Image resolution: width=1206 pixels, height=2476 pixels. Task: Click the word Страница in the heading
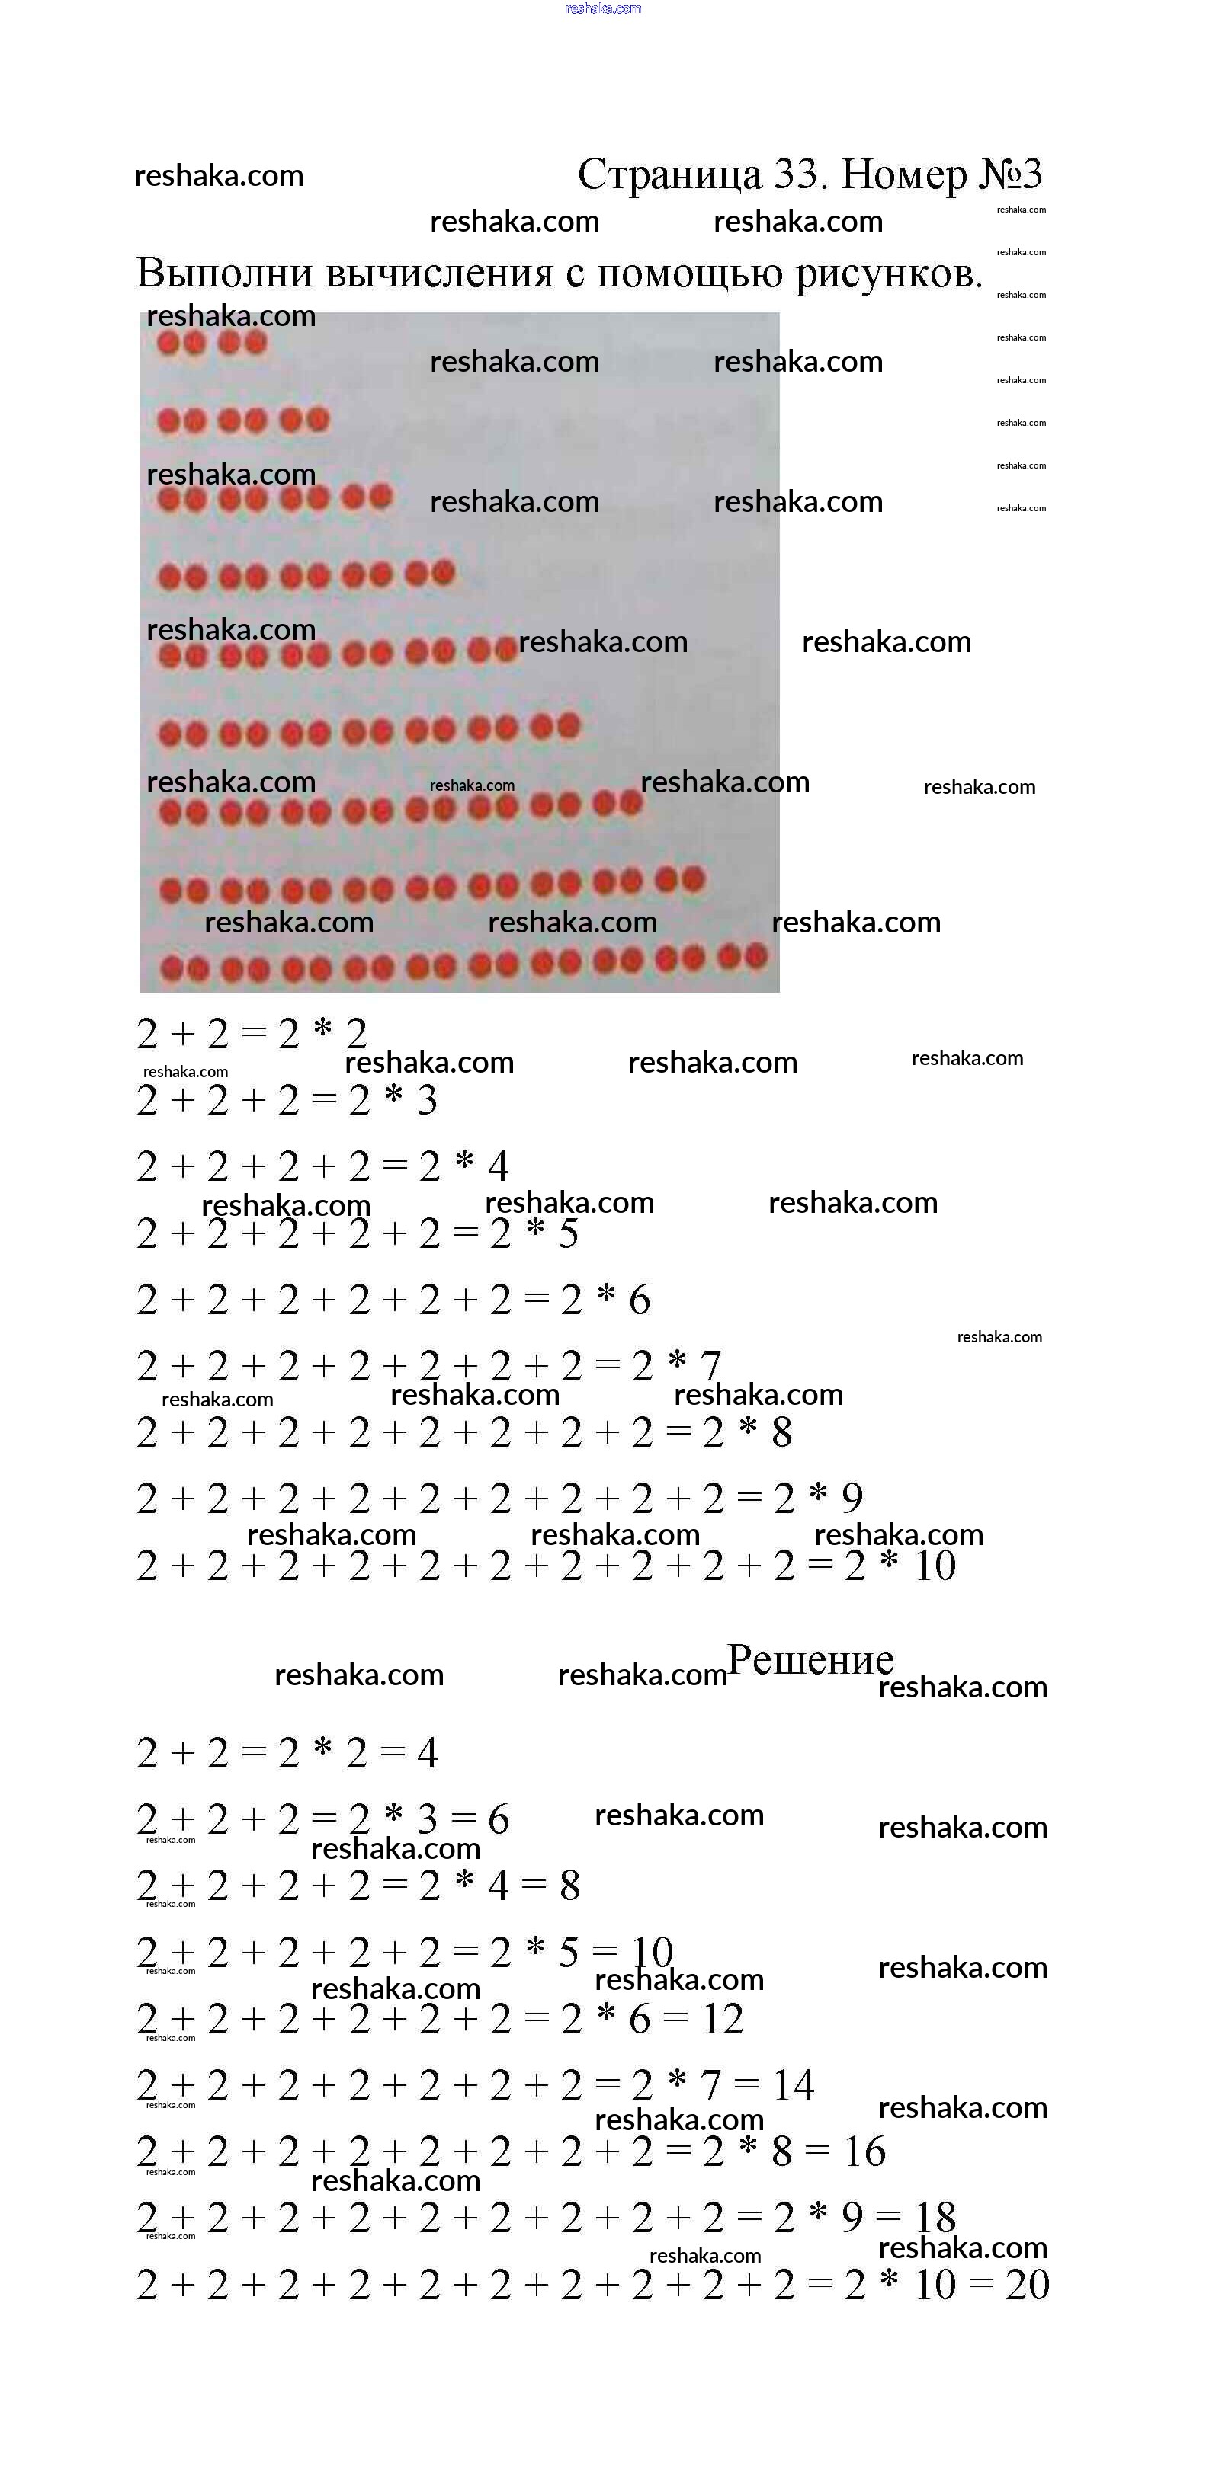[x=669, y=175]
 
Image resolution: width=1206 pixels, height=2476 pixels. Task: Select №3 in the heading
[x=1010, y=175]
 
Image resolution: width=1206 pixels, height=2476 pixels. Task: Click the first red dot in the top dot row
[x=169, y=343]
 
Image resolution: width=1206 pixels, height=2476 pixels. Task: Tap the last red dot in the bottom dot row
[x=756, y=956]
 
